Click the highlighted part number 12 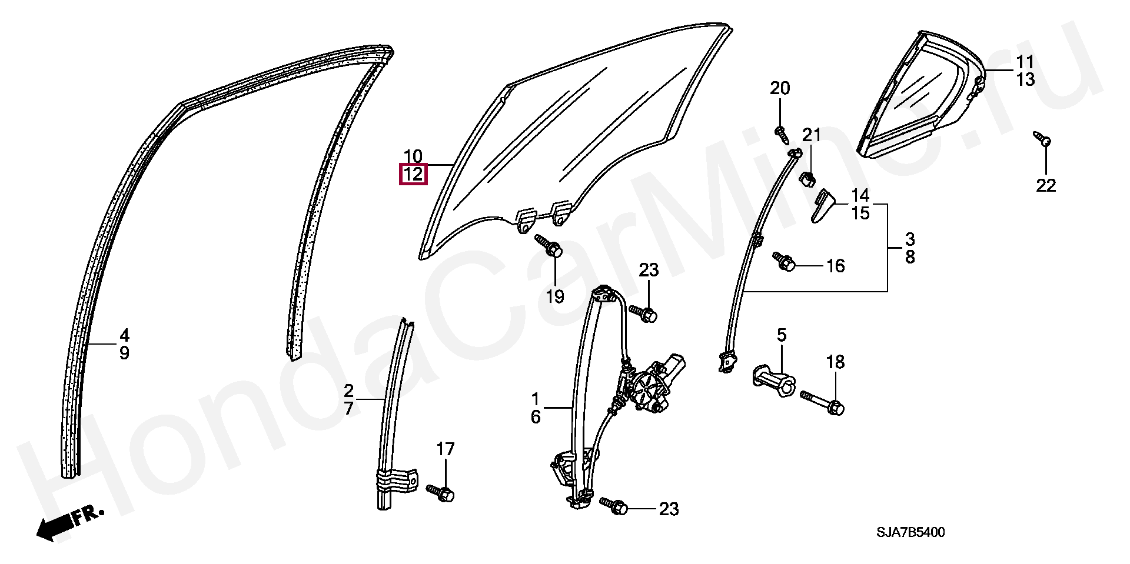(x=413, y=175)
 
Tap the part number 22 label (x=1046, y=186)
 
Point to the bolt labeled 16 (x=784, y=262)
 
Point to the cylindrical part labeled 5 (x=773, y=380)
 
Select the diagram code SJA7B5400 (x=910, y=533)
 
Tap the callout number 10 (x=413, y=156)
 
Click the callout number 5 (x=781, y=335)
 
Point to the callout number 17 (x=446, y=449)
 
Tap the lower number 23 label (x=669, y=509)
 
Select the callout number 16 (x=835, y=266)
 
